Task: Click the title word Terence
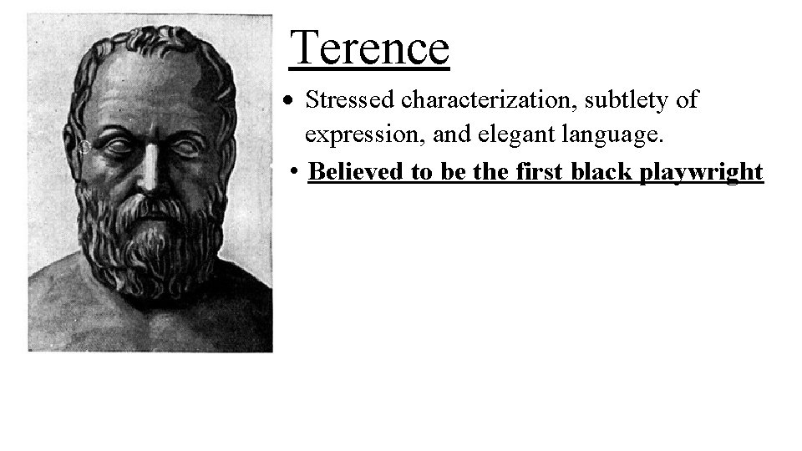[369, 47]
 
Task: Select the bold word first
[537, 172]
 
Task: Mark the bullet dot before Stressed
[287, 102]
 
